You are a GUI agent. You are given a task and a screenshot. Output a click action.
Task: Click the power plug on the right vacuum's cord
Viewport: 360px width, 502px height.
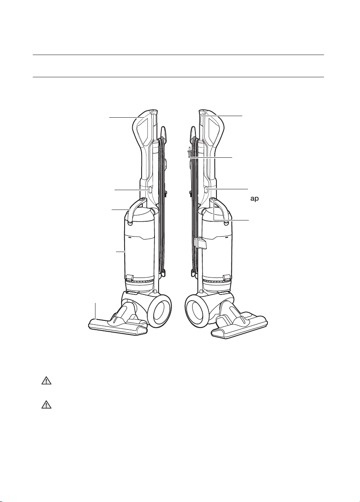pos(189,153)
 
